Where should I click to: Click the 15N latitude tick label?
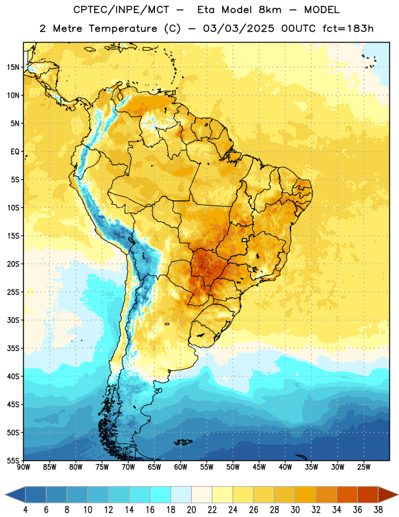click(13, 67)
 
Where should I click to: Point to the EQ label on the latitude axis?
click(15, 152)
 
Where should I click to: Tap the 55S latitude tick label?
click(13, 460)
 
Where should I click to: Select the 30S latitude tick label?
click(13, 320)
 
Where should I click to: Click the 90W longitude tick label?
click(24, 467)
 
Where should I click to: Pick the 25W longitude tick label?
click(363, 467)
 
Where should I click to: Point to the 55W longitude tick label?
click(207, 467)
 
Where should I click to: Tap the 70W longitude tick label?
click(128, 467)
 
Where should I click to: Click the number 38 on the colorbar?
click(378, 510)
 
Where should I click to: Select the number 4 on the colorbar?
click(25, 510)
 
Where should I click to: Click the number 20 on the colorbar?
click(191, 510)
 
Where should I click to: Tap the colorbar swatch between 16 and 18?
click(160, 495)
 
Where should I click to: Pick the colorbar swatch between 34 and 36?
click(347, 495)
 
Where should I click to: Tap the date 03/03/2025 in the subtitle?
click(238, 28)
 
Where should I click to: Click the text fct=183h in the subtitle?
click(348, 28)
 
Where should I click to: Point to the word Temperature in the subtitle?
click(122, 29)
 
